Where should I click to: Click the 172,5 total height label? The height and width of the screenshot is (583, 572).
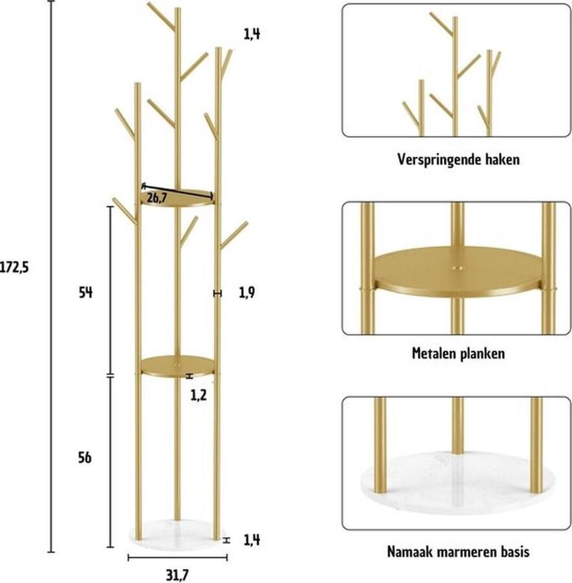point(14,267)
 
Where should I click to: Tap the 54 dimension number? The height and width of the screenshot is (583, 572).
point(85,293)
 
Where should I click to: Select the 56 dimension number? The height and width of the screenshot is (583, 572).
point(85,457)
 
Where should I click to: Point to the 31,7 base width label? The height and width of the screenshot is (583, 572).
point(177,575)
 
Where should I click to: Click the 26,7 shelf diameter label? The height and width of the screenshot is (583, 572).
point(157,198)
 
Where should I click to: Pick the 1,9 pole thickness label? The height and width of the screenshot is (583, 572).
point(247,293)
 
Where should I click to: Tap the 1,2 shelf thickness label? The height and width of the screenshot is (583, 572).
point(199,396)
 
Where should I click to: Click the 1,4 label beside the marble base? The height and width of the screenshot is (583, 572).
point(252,540)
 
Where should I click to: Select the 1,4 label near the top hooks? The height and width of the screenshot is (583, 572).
point(252,34)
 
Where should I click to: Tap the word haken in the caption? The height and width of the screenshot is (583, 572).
point(503,159)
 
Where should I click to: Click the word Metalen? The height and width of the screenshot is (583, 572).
point(434,353)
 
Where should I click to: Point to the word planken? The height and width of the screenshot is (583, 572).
point(483,354)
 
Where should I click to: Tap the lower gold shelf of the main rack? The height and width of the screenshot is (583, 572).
point(177,365)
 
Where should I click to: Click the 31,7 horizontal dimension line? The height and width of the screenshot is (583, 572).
point(177,558)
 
